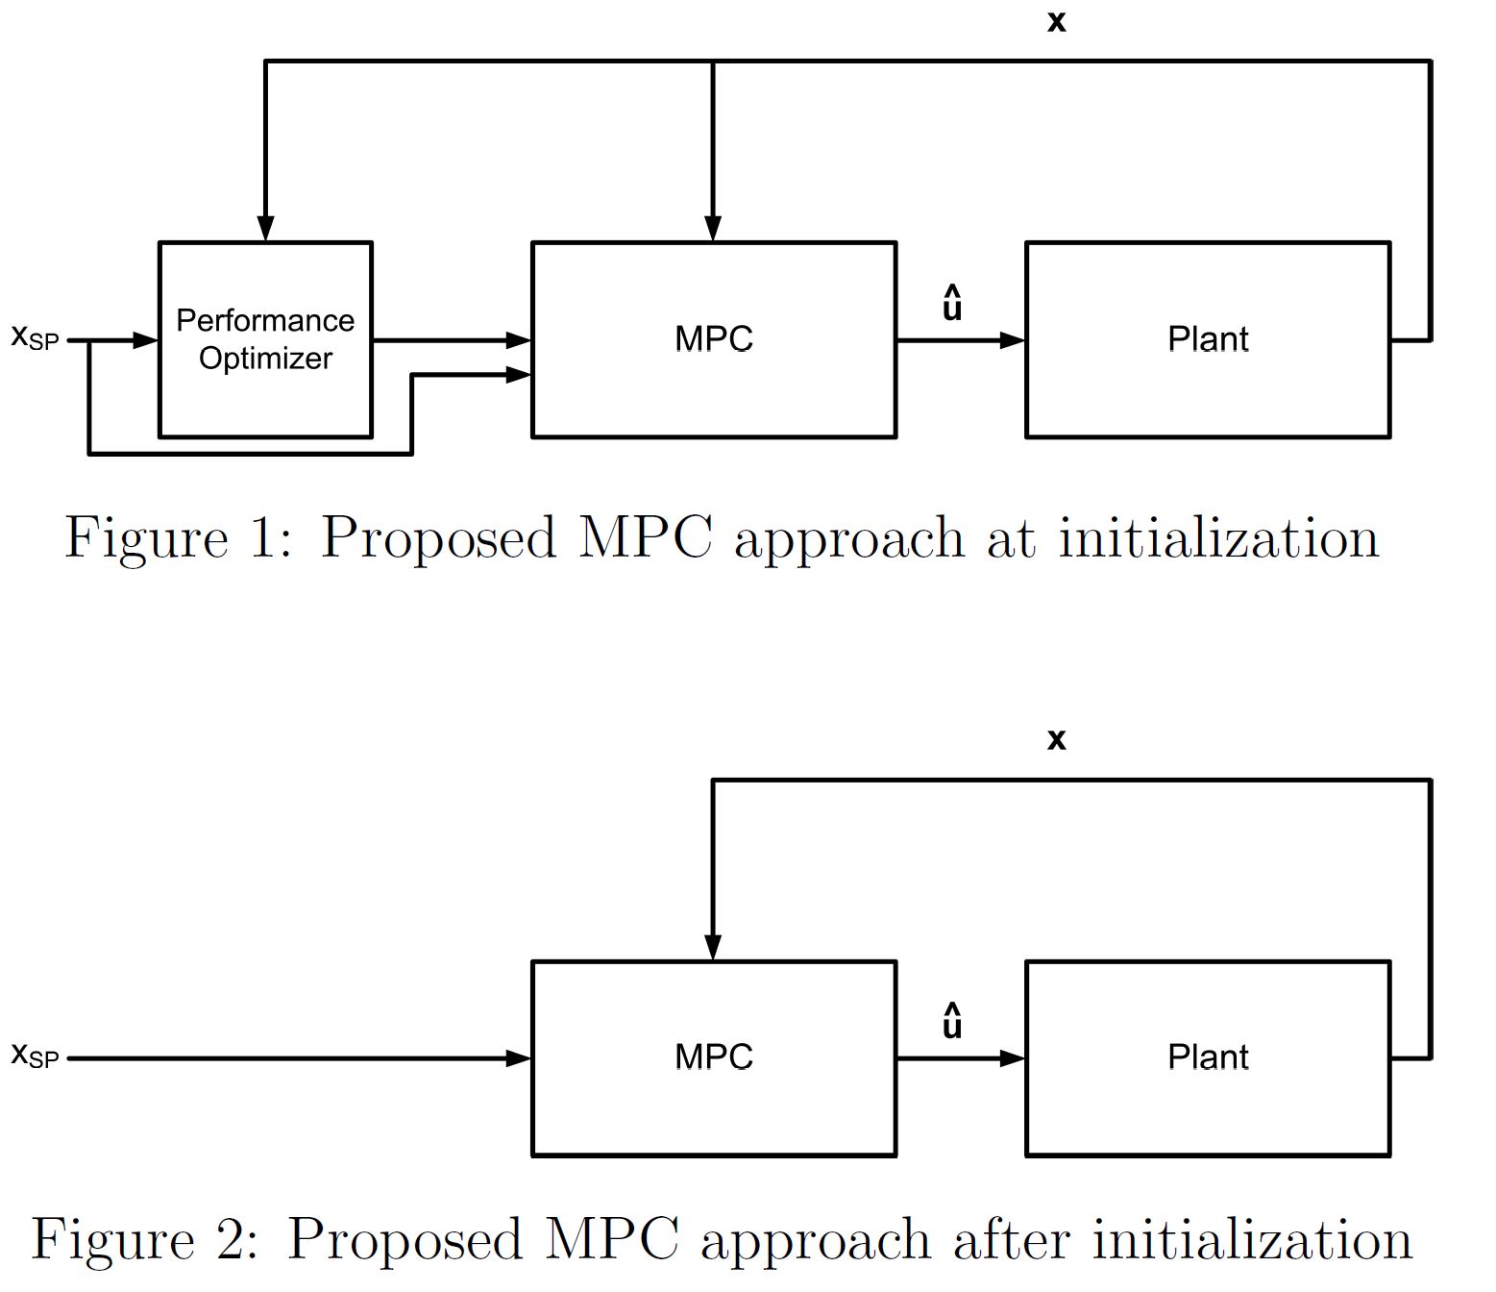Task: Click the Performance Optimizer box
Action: click(x=265, y=339)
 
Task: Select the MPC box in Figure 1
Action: click(x=714, y=339)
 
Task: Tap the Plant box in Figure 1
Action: click(x=1208, y=339)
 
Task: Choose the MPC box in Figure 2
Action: click(x=714, y=1057)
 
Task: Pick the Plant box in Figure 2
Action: click(x=1208, y=1057)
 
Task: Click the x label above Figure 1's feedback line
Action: click(x=1056, y=22)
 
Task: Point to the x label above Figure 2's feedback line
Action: click(x=1056, y=739)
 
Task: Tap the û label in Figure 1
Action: click(x=951, y=304)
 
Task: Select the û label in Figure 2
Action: click(x=951, y=1022)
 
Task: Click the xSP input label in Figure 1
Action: click(x=36, y=338)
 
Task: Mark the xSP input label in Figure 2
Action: click(x=36, y=1056)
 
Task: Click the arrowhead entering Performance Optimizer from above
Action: click(x=266, y=229)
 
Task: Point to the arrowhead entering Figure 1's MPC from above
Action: click(x=713, y=229)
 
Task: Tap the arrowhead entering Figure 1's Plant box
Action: click(x=1013, y=340)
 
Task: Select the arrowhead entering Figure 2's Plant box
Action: click(x=1013, y=1058)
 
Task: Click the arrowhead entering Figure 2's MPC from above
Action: click(x=713, y=947)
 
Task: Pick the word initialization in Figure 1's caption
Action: click(x=1218, y=537)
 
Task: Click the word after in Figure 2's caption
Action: click(x=1011, y=1239)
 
